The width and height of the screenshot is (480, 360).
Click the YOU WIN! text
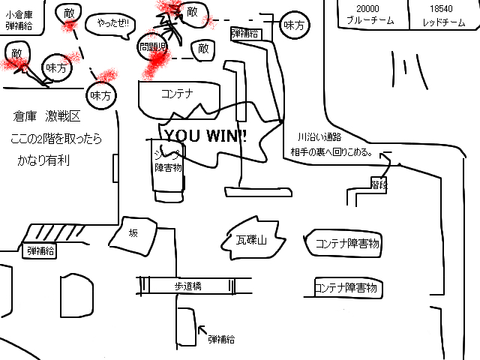(205, 136)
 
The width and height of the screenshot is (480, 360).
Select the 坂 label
(133, 233)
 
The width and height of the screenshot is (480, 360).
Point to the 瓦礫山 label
(247, 241)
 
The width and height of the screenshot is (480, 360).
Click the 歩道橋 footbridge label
(189, 286)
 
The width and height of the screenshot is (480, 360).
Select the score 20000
(368, 8)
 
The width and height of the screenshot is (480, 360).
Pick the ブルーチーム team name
(368, 22)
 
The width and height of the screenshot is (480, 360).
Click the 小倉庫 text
(19, 13)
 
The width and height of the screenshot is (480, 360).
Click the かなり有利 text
(43, 160)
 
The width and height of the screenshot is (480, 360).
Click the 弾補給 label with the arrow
(221, 339)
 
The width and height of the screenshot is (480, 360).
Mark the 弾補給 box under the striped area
(41, 250)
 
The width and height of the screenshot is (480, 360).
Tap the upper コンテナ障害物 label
(347, 243)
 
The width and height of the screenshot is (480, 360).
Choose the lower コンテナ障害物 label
(345, 287)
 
